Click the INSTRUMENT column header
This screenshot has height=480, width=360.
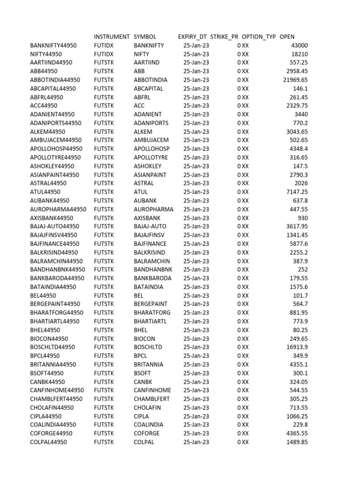(112, 37)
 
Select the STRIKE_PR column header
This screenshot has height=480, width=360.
(225, 37)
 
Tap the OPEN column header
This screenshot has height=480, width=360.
(287, 37)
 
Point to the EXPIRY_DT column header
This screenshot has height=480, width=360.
(192, 37)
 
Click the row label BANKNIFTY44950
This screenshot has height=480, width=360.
(53, 45)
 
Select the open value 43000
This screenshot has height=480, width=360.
(300, 45)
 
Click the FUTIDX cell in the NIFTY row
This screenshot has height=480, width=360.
(104, 54)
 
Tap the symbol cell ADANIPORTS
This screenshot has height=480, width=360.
(151, 123)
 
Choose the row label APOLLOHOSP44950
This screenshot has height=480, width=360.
(55, 149)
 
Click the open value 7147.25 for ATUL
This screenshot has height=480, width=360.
(297, 192)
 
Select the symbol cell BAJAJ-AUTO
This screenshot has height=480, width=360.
(150, 226)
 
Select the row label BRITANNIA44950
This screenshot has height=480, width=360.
(53, 364)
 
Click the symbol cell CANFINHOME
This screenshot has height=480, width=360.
(152, 390)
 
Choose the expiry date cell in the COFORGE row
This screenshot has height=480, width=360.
(196, 433)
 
